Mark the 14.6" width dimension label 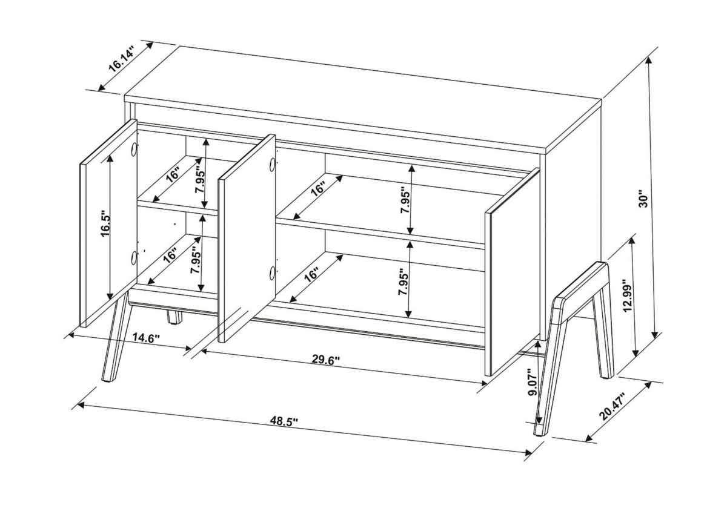[x=145, y=338]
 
